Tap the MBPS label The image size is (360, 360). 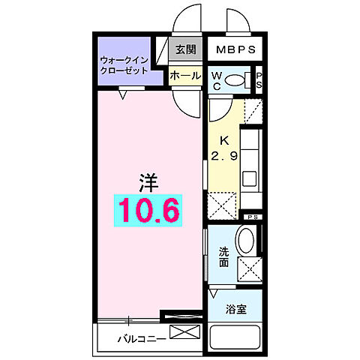coord(235,49)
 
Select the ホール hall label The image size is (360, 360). coord(184,76)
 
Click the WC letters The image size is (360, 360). coord(216,79)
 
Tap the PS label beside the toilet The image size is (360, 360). coord(259,79)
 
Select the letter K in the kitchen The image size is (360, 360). coord(223,140)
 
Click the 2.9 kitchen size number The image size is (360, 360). coord(223,155)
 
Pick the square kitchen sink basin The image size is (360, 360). coord(249,180)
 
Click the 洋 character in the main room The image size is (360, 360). coord(147,180)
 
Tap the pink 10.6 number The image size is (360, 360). coord(148,211)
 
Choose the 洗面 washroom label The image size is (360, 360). coord(223,258)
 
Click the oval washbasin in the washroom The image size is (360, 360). coord(247,241)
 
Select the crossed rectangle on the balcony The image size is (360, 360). coord(186,332)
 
